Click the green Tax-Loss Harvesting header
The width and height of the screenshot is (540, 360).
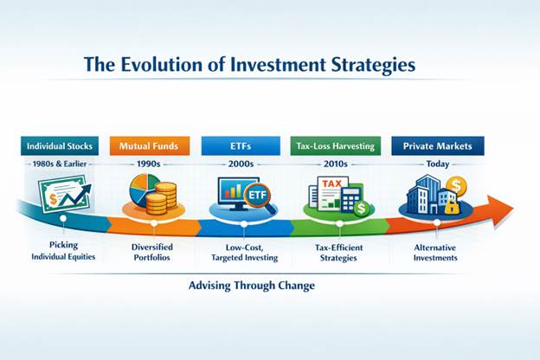click(x=335, y=145)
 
